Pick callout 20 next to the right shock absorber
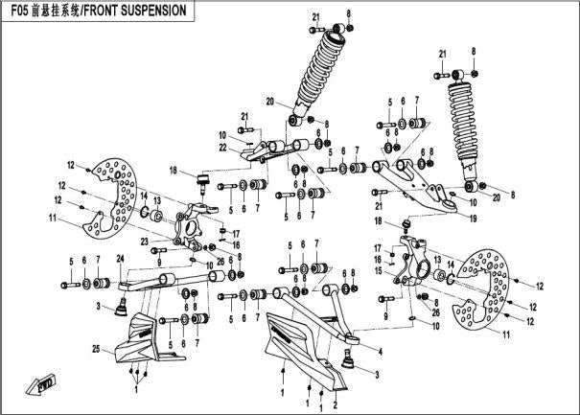pyautogui.click(x=497, y=197)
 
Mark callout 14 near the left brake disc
pyautogui.click(x=143, y=198)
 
